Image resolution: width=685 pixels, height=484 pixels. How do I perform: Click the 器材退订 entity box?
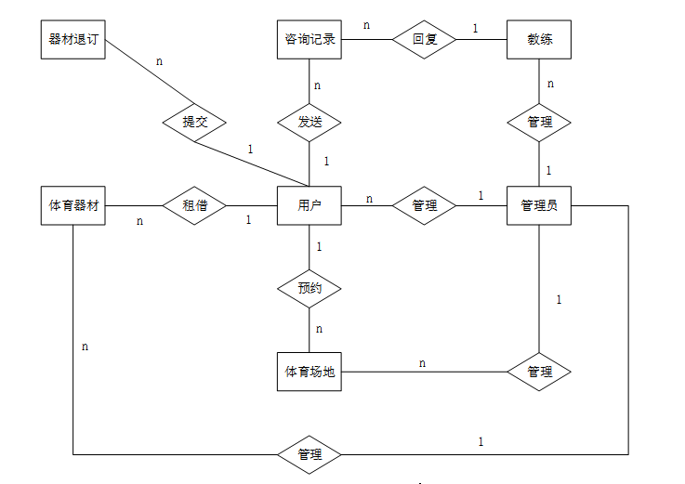tap(73, 40)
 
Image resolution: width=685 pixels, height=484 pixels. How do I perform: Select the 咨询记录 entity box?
tap(310, 40)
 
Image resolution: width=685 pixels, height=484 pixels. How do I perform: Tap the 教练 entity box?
tap(539, 40)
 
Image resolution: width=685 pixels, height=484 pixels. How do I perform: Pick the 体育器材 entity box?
tap(73, 205)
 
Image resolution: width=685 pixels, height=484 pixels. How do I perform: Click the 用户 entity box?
tap(310, 205)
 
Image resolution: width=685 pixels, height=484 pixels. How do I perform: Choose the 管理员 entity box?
tap(539, 205)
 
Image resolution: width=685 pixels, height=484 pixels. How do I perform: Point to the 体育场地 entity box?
tap(310, 372)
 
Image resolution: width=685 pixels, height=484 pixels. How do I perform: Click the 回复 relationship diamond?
tap(424, 40)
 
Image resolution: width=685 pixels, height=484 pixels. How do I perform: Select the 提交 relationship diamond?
tap(194, 122)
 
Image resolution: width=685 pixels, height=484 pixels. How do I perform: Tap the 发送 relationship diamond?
tap(310, 122)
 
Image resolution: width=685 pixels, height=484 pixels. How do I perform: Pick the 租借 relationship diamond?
tap(194, 205)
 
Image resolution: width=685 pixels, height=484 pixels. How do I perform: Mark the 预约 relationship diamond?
tap(310, 288)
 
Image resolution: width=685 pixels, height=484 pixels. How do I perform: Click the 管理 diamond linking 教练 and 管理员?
tap(539, 122)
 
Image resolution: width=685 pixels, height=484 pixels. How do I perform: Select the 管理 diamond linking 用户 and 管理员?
tap(424, 205)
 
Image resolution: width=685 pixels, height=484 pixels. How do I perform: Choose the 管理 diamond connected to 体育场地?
tap(539, 372)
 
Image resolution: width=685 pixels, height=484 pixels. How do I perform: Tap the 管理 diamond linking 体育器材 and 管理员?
tap(310, 454)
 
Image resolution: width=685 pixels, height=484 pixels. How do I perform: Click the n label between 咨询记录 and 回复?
tap(366, 25)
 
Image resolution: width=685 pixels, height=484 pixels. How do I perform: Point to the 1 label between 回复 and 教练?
tap(475, 28)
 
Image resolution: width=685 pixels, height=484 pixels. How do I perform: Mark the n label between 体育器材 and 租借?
tap(140, 221)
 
